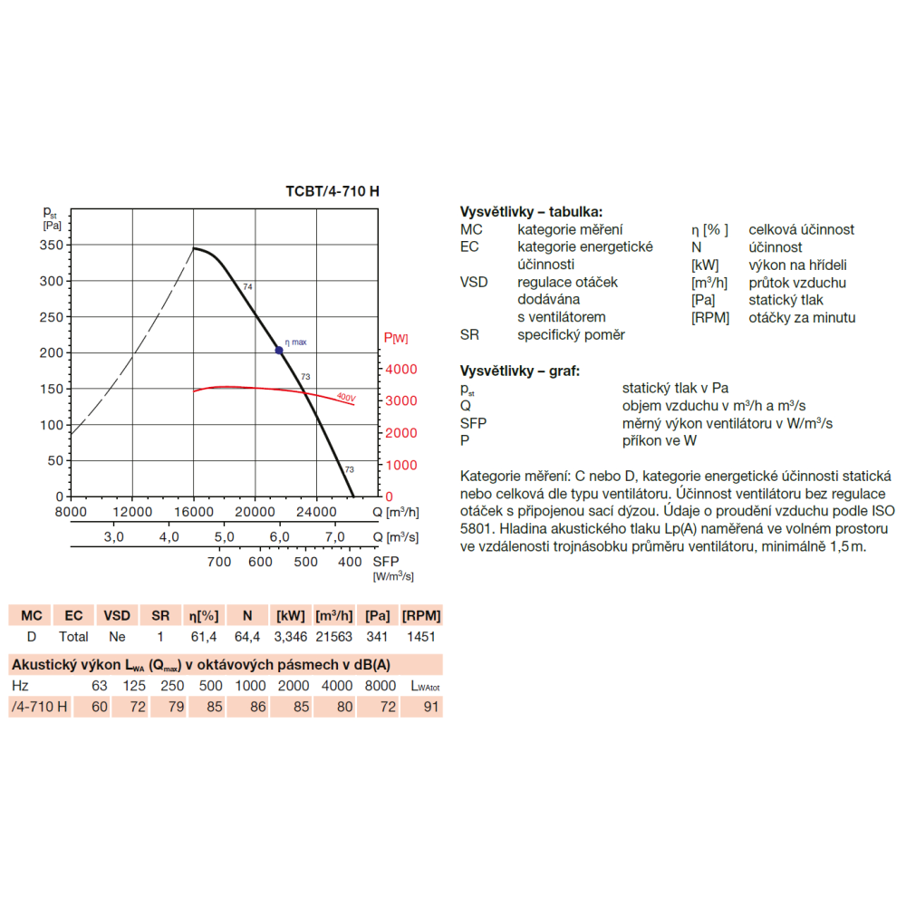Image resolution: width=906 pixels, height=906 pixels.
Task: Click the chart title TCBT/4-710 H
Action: click(x=333, y=191)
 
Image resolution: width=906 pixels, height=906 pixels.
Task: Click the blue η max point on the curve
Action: click(x=279, y=350)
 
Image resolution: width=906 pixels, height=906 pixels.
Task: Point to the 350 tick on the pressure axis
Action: click(x=52, y=245)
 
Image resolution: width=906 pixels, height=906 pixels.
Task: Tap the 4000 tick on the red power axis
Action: click(x=401, y=370)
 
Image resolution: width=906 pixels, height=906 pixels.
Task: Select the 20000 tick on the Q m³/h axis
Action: click(x=255, y=512)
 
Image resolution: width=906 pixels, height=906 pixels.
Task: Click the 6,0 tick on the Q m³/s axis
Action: click(x=280, y=536)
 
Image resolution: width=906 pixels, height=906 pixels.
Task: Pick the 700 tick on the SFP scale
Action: click(x=219, y=562)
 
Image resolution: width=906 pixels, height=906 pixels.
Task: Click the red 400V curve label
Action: click(x=346, y=397)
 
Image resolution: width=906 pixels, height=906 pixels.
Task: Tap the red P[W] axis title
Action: click(x=396, y=338)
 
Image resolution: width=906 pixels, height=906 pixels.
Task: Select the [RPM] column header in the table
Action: click(x=421, y=616)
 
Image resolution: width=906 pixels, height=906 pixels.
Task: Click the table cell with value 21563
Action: click(x=334, y=637)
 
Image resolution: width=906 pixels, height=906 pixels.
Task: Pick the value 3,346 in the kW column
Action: click(x=291, y=637)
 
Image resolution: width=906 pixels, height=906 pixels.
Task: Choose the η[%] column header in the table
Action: click(x=204, y=616)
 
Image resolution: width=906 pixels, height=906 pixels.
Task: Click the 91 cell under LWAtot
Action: click(x=431, y=707)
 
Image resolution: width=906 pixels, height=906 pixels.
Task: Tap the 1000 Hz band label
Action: click(x=250, y=686)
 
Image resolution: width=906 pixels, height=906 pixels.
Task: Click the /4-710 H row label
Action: click(x=39, y=707)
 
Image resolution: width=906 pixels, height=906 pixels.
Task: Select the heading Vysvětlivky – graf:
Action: click(x=520, y=371)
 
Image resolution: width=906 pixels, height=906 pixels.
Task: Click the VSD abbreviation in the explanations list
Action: click(x=474, y=282)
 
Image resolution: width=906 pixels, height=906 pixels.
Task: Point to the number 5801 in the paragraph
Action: click(x=477, y=529)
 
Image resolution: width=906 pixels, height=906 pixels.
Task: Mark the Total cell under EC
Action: click(x=73, y=637)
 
